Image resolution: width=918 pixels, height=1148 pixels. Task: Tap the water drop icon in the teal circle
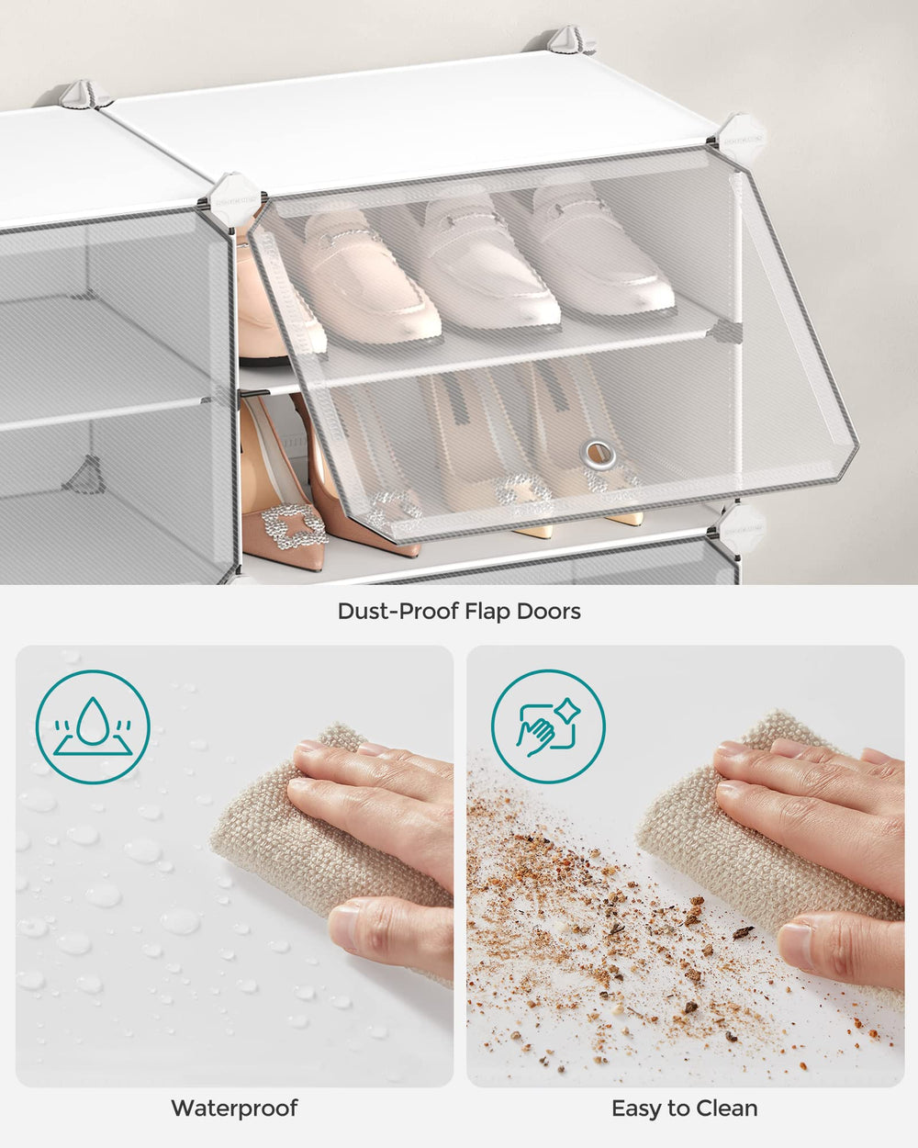[93, 727]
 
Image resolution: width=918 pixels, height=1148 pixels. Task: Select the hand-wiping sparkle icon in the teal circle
[548, 727]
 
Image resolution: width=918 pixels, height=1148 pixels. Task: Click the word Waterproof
[234, 1108]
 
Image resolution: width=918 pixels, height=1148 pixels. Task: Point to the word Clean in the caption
[726, 1108]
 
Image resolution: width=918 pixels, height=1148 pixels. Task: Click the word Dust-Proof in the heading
[397, 612]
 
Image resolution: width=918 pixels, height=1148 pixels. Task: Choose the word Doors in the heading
[549, 612]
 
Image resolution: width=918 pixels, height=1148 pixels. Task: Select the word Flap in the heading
[487, 612]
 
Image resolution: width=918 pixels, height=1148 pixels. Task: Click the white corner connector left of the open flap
[234, 197]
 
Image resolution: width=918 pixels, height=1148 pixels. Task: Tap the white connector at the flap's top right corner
[740, 138]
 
